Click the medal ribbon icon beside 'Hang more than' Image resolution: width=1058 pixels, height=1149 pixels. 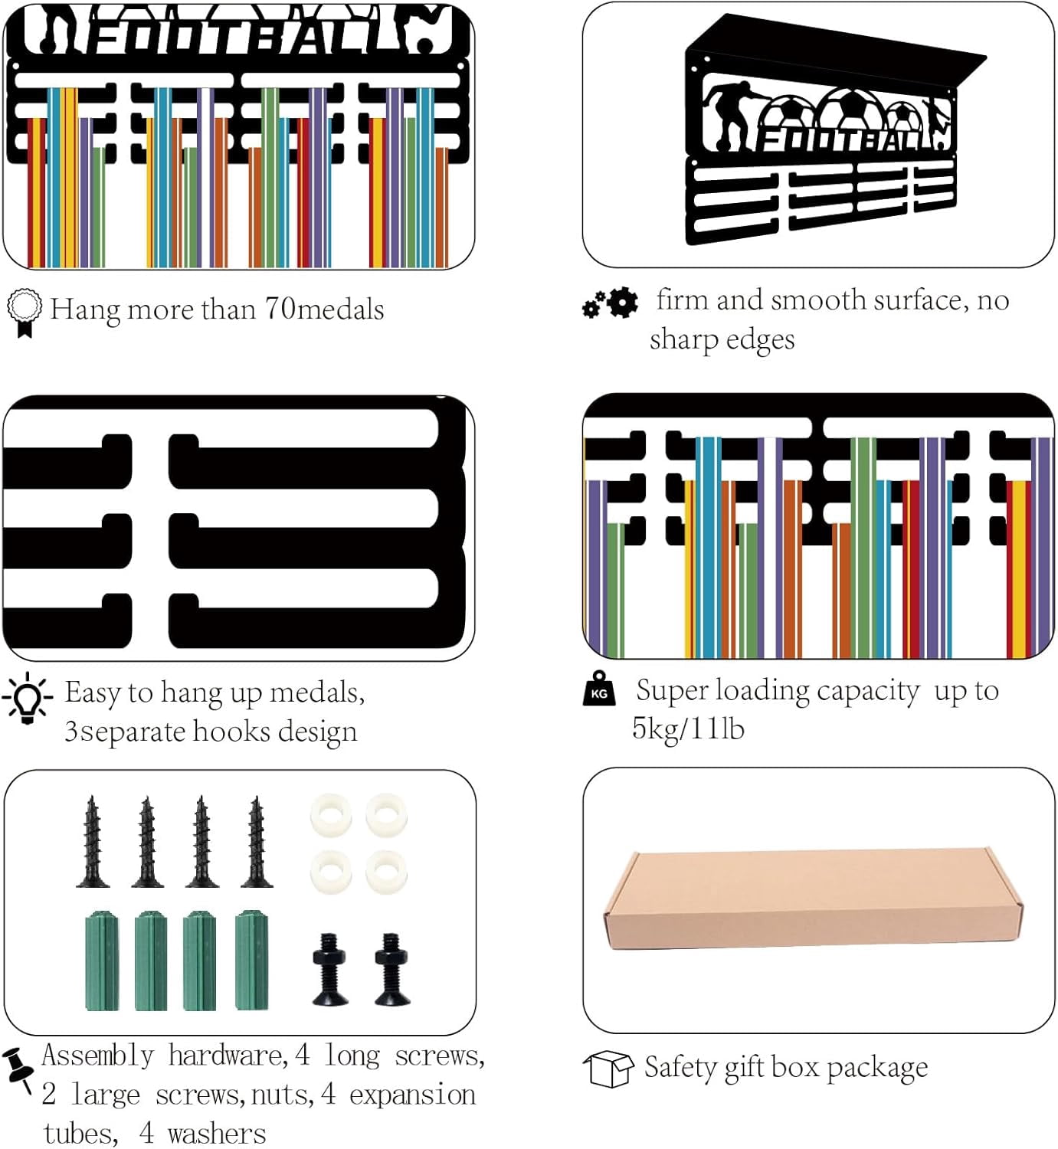(24, 313)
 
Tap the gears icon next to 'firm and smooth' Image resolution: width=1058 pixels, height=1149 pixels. (610, 303)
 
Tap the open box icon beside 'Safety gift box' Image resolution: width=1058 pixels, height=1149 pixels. (608, 1069)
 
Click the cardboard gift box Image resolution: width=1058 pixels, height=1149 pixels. (814, 898)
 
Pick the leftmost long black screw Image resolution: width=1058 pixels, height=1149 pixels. (92, 841)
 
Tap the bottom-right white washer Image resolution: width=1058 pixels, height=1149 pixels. (386, 872)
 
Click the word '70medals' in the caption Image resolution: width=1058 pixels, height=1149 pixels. (324, 309)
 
